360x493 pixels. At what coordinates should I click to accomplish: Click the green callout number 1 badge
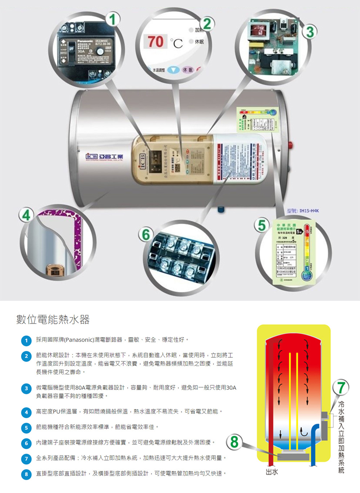pyautogui.click(x=113, y=19)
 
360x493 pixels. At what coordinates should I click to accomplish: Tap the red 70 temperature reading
pyautogui.click(x=156, y=41)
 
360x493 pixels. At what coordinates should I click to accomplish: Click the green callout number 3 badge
pyautogui.click(x=310, y=32)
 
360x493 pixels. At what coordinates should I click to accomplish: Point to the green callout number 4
pyautogui.click(x=26, y=215)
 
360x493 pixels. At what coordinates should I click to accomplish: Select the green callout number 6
pyautogui.click(x=146, y=234)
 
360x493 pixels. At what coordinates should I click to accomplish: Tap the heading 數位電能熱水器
pyautogui.click(x=53, y=319)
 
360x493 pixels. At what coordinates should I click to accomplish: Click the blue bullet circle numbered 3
pyautogui.click(x=26, y=388)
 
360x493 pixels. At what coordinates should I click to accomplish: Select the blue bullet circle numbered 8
pyautogui.click(x=26, y=474)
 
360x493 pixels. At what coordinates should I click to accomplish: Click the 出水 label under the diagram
pyautogui.click(x=272, y=472)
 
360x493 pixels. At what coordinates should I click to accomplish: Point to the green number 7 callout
pyautogui.click(x=341, y=388)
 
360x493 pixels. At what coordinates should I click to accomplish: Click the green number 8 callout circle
pyautogui.click(x=234, y=442)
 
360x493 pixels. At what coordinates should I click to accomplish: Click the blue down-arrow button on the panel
pyautogui.click(x=174, y=70)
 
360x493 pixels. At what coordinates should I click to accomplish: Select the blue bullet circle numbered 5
pyautogui.click(x=26, y=428)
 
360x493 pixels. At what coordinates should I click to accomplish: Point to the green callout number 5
pyautogui.click(x=262, y=225)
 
